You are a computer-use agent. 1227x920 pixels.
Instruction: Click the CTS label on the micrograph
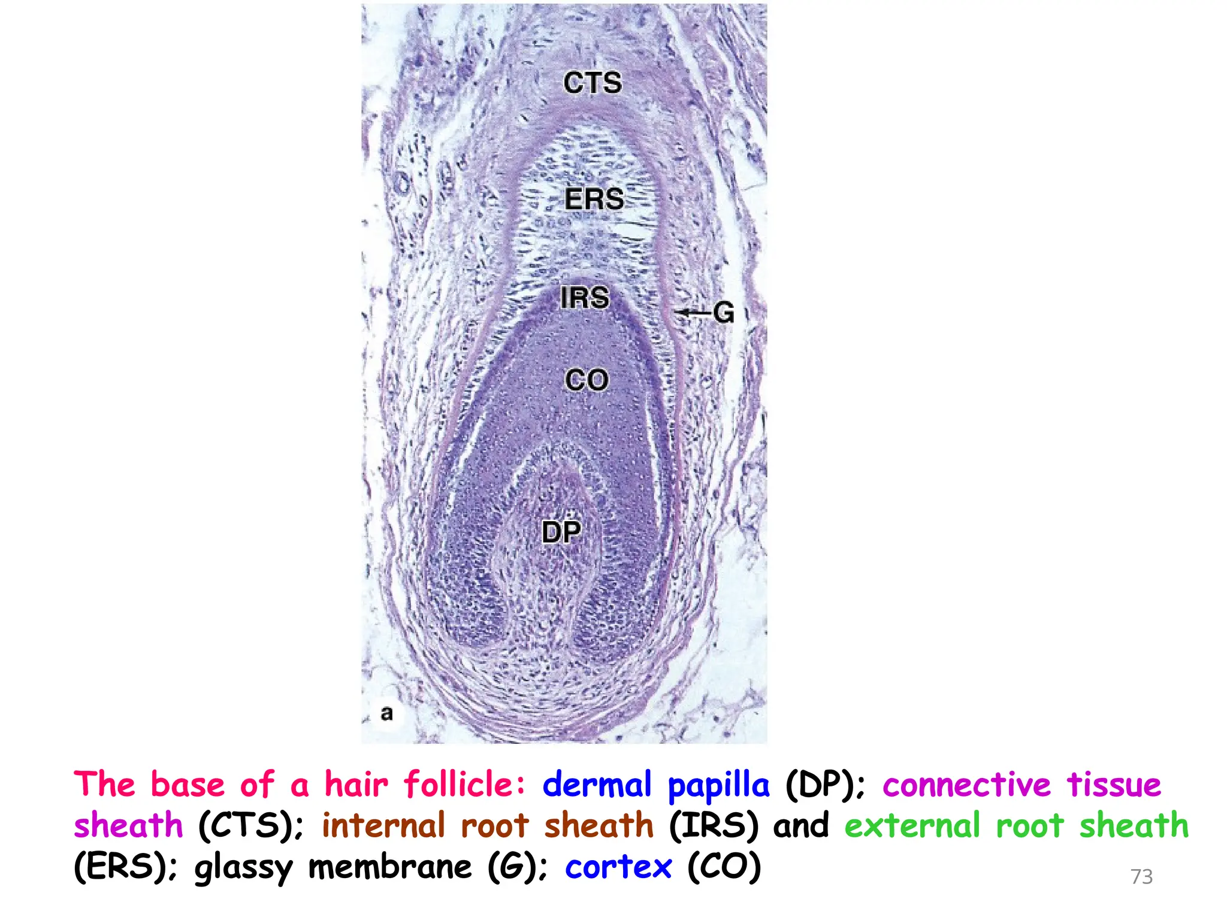point(593,83)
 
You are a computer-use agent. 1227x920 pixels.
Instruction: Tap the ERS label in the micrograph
point(594,199)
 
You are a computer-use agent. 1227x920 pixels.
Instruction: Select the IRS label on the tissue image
point(585,298)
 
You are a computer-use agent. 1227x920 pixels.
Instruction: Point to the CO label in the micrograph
point(587,380)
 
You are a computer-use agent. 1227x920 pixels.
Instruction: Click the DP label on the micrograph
point(561,531)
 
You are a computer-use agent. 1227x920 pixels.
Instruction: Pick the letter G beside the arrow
point(724,313)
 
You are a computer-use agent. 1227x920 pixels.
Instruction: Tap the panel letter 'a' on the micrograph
point(387,713)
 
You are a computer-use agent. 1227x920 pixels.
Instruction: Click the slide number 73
point(1141,876)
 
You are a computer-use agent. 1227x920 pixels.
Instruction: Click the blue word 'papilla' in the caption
point(718,785)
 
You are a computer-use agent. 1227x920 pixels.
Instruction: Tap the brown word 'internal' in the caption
point(383,825)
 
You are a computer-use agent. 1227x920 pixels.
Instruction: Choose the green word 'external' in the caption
point(912,825)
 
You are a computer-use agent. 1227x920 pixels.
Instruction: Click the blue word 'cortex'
point(618,867)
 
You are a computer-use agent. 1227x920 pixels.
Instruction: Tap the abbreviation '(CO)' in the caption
point(724,867)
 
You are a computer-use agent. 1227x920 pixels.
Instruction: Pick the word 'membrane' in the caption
point(390,867)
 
